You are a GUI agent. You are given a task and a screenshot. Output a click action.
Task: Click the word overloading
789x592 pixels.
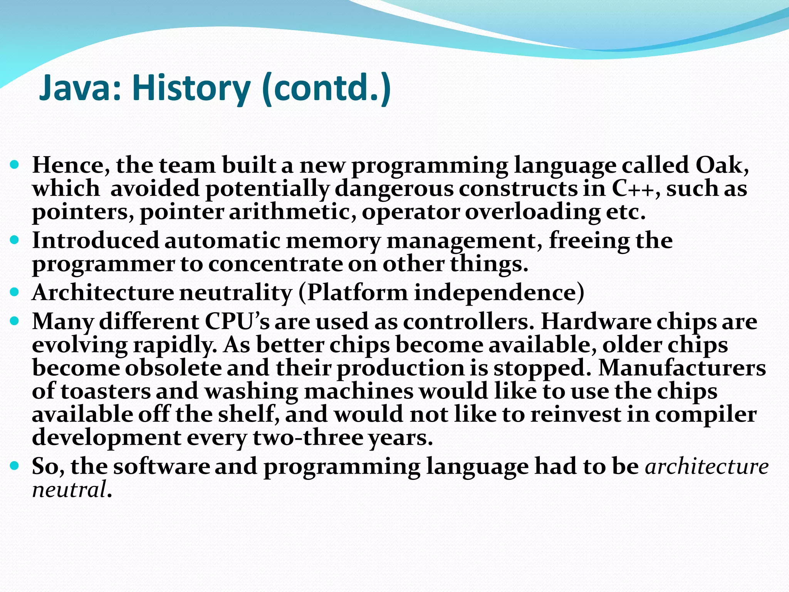click(532, 212)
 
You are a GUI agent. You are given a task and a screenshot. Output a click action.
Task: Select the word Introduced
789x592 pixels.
click(95, 240)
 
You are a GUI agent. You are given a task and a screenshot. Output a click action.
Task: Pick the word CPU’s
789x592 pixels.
click(237, 321)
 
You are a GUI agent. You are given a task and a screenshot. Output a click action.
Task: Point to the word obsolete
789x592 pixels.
click(173, 368)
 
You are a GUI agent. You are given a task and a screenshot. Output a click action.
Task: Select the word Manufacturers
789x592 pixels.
click(682, 368)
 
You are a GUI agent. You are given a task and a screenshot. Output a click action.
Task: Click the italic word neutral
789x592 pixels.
click(69, 490)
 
